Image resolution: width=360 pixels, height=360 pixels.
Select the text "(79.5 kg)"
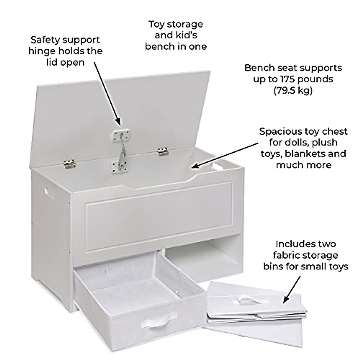pos(293,90)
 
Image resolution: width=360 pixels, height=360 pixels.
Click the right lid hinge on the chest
pos(163,151)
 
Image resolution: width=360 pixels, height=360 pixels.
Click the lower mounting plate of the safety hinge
pos(120,166)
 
